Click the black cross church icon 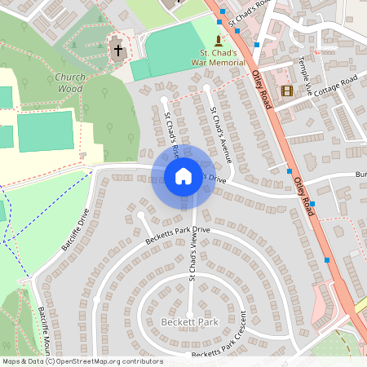point(117,50)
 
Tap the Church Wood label point(70,82)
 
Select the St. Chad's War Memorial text point(218,57)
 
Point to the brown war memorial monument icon point(218,40)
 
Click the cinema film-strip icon point(286,91)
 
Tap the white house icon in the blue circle point(183,176)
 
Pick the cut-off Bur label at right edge point(360,175)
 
